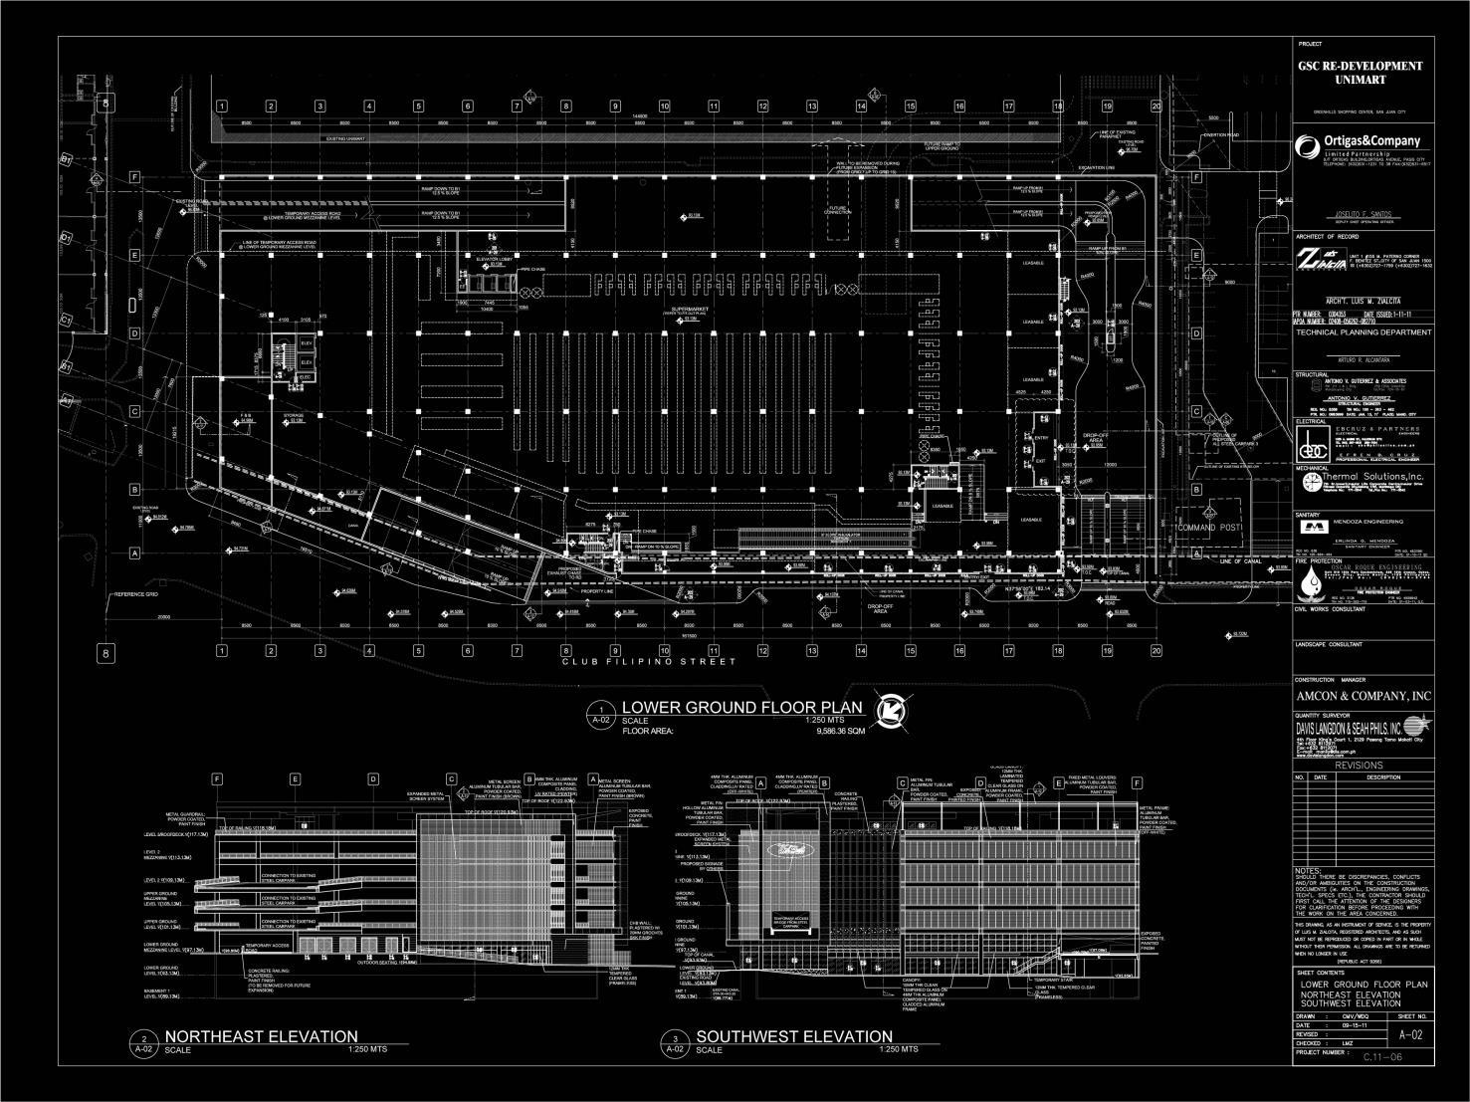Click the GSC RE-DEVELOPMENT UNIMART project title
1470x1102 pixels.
[x=1360, y=72]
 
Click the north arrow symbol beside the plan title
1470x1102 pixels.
[x=888, y=710]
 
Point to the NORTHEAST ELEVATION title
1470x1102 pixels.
[x=261, y=1036]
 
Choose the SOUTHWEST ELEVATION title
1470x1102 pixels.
[x=793, y=1036]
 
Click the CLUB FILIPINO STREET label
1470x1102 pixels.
[x=649, y=662]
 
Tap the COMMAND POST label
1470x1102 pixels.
[x=1208, y=527]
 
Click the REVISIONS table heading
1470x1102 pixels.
[x=1360, y=765]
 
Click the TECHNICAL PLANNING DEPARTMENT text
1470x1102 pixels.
[x=1363, y=332]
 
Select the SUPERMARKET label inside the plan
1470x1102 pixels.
[x=690, y=311]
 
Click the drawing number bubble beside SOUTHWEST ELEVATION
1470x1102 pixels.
[x=676, y=1043]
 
